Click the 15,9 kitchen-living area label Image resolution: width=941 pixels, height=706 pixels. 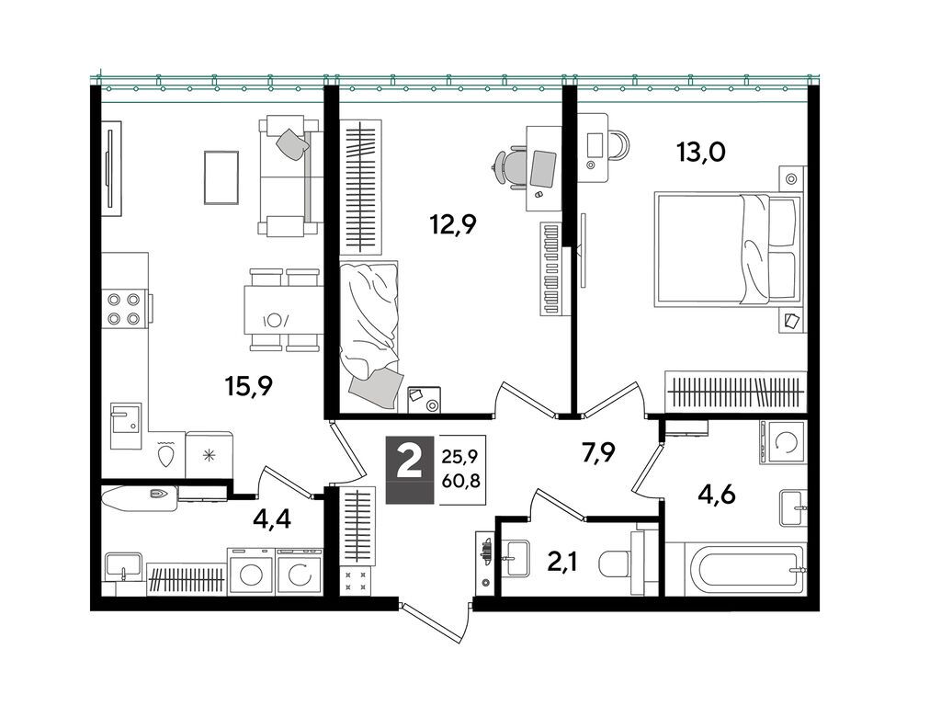coord(249,387)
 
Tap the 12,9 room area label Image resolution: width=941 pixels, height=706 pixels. coord(453,225)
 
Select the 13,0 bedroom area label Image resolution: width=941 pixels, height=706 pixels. coord(701,152)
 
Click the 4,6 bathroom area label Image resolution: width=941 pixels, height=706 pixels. coord(717,495)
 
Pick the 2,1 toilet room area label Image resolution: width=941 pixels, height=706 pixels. coord(562,563)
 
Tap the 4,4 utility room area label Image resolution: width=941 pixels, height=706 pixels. coord(272,518)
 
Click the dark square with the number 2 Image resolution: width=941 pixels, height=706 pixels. coord(409,468)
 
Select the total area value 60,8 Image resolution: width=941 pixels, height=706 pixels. coord(461,480)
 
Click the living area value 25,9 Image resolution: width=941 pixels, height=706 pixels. coord(459,457)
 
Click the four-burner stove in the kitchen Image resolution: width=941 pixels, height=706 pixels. coord(124,308)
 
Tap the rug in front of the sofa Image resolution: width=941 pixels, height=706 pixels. coord(221,177)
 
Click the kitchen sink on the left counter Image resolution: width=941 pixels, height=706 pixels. coord(126,426)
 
